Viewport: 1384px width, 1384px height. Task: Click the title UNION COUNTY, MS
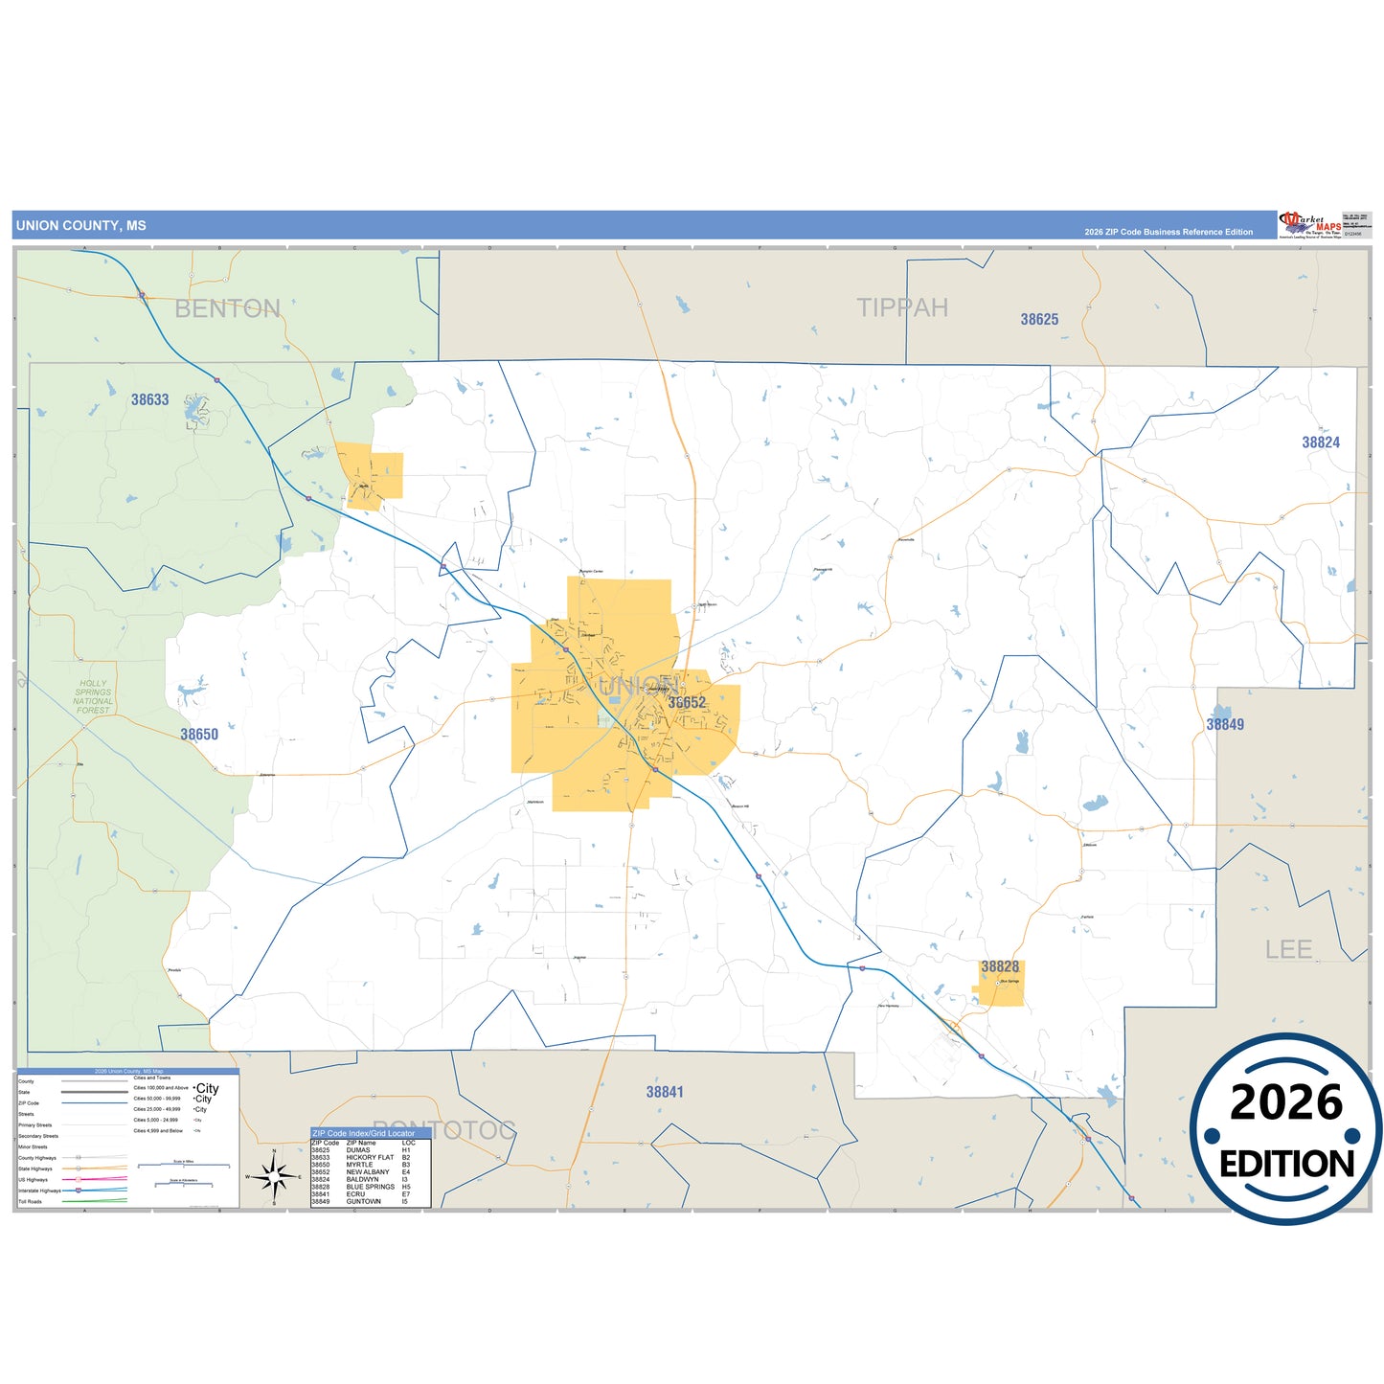[81, 226]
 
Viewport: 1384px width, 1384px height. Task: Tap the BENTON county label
[227, 308]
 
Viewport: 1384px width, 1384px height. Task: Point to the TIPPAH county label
[901, 307]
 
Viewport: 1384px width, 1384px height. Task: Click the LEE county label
[1288, 949]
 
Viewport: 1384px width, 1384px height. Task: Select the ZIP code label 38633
[149, 399]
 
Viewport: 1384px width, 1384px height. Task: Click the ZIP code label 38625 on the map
[1039, 319]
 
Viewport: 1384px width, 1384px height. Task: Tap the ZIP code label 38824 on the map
[1320, 442]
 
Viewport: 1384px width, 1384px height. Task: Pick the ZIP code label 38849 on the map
[1225, 724]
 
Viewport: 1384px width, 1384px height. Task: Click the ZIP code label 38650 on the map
[199, 735]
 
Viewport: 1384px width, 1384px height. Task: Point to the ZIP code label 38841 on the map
[665, 1092]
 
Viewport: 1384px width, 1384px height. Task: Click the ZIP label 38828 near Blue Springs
[1000, 966]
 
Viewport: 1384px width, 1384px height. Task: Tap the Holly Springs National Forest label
[93, 697]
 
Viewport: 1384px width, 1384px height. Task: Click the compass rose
[274, 1176]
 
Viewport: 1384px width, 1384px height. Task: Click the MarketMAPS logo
[1310, 225]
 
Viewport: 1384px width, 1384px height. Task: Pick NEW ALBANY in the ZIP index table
[368, 1172]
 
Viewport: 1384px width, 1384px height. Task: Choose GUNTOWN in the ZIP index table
[364, 1201]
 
